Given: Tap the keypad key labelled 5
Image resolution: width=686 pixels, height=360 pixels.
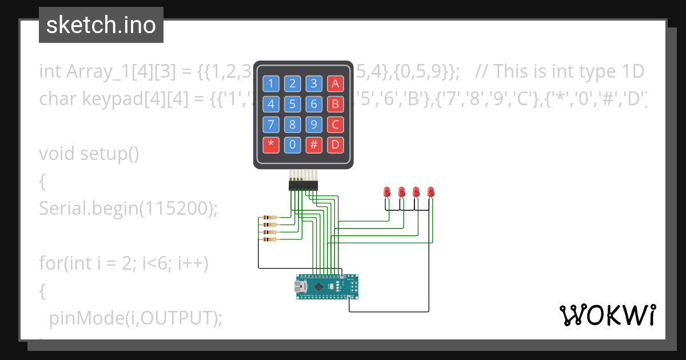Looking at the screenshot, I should click(x=292, y=105).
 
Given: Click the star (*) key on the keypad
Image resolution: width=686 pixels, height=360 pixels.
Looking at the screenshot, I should click(x=271, y=145).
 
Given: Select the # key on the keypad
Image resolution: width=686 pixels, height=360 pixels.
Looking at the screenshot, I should click(x=313, y=145).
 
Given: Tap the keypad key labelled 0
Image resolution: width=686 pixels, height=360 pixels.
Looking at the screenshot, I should click(x=292, y=145).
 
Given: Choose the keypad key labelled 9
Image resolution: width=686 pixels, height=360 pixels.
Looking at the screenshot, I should click(x=313, y=125).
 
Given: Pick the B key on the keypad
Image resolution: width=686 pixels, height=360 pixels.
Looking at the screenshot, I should click(x=335, y=105).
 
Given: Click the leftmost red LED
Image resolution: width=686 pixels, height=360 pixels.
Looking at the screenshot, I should click(x=387, y=191).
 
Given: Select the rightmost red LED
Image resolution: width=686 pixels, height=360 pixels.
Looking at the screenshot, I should click(x=431, y=191).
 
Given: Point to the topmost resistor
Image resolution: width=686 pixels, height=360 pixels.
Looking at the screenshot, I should click(x=268, y=218).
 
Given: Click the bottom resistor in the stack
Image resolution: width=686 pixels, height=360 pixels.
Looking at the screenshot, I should click(x=268, y=239).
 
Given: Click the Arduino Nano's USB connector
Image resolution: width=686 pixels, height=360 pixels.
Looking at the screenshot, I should click(x=300, y=286).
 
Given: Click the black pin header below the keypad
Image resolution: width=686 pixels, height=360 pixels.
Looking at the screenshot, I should click(x=304, y=185).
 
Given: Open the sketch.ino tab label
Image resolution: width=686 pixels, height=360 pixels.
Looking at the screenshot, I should click(x=101, y=25).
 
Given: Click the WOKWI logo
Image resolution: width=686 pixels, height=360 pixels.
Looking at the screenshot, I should click(x=607, y=315).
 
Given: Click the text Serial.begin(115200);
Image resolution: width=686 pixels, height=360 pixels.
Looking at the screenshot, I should click(x=129, y=209).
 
